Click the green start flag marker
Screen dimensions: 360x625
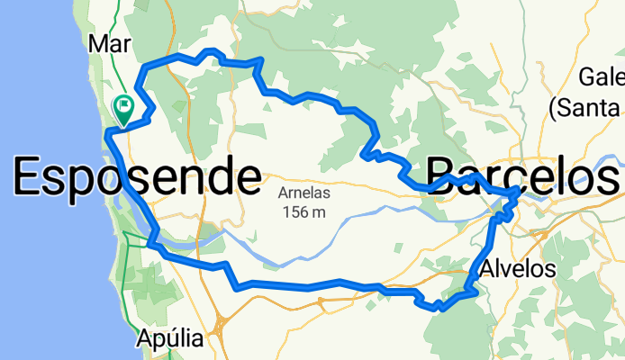coord(123,109)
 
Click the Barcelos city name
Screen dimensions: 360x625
coord(523,175)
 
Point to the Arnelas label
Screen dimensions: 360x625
coord(304,193)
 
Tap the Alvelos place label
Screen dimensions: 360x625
coord(520,268)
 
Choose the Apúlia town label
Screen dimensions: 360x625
coord(170,339)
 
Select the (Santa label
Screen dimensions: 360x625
coord(586,108)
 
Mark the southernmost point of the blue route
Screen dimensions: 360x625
coord(439,309)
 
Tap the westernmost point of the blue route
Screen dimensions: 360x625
coord(106,135)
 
